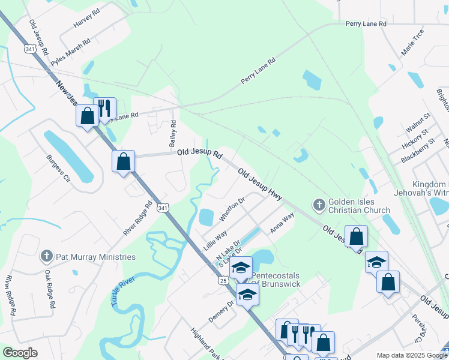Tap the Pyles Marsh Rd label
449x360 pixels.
click(x=70, y=53)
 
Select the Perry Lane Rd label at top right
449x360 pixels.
click(x=366, y=24)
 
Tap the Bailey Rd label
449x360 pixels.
click(x=173, y=133)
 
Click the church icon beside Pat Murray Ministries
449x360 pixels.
click(x=46, y=257)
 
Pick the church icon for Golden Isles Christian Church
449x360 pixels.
click(x=319, y=206)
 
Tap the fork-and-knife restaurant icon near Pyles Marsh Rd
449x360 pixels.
click(x=104, y=108)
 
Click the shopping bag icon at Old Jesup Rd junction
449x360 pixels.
click(x=123, y=161)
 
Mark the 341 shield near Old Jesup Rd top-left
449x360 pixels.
click(x=29, y=49)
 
